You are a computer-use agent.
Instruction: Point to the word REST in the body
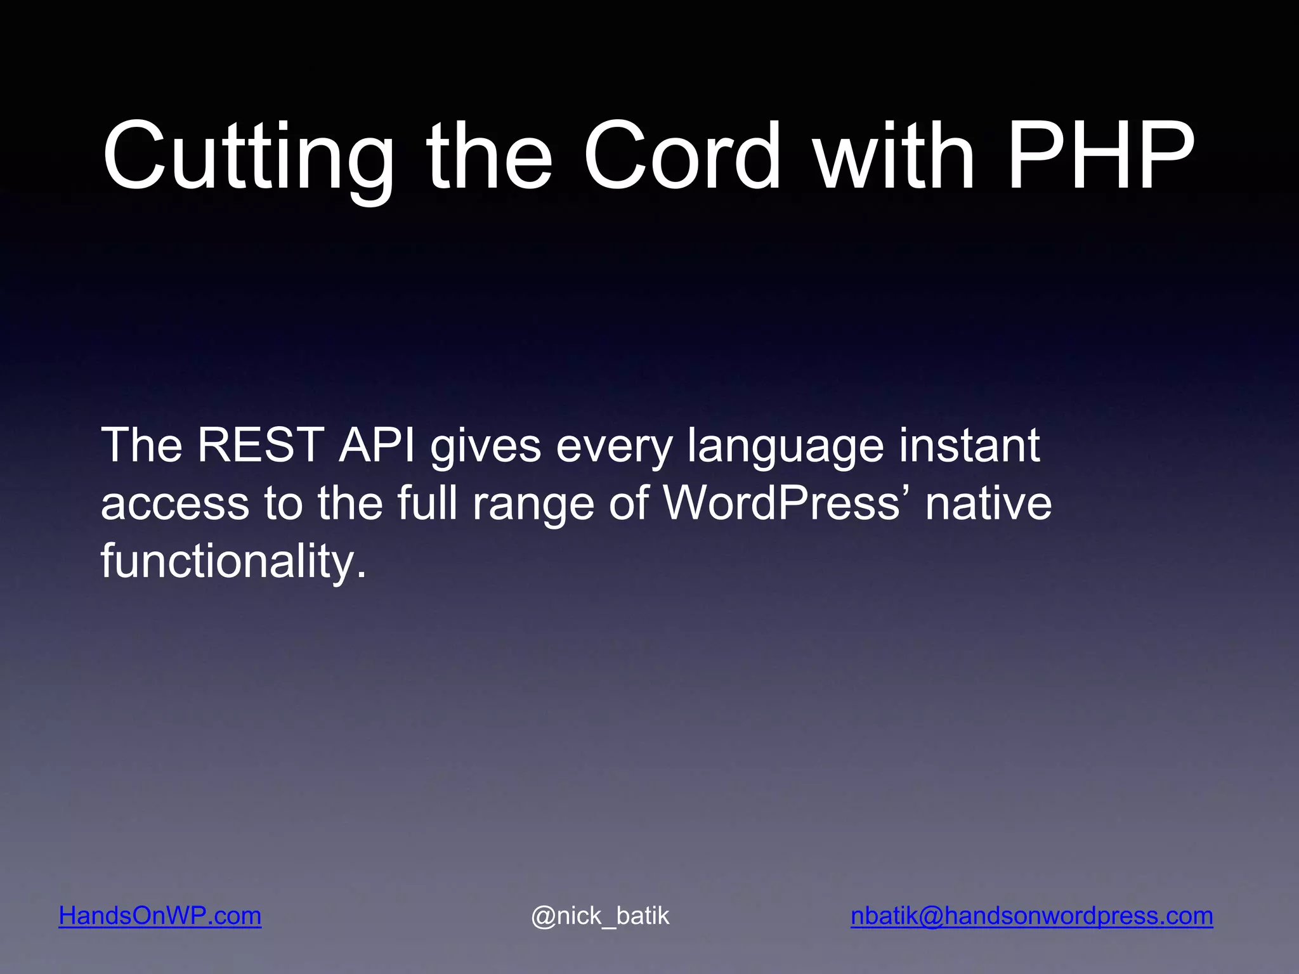(261, 445)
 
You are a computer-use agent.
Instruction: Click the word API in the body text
(377, 445)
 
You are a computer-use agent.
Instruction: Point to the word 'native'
(988, 503)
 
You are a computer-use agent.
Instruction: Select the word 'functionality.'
(233, 562)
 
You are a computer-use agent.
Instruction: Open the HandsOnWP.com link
(160, 916)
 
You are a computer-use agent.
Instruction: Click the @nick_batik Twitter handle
(600, 916)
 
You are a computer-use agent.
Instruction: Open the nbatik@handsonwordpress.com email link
(1031, 916)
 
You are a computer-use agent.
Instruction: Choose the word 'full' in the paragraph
(427, 503)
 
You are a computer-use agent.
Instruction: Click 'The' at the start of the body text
(141, 445)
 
